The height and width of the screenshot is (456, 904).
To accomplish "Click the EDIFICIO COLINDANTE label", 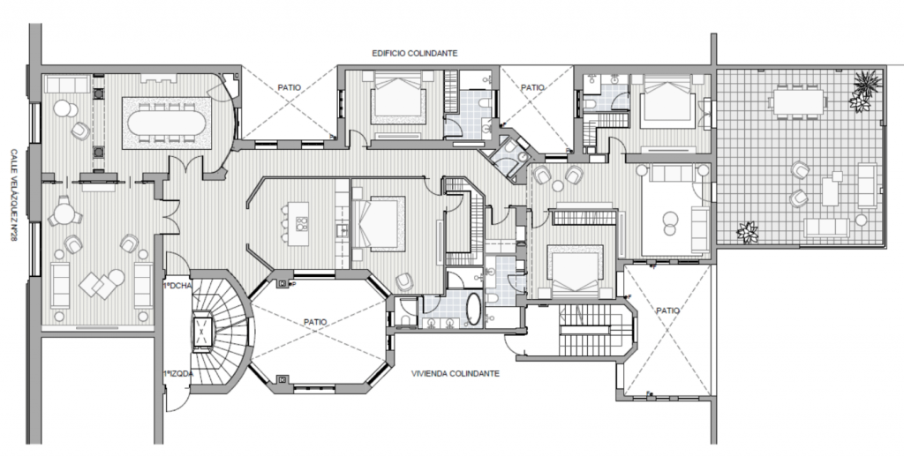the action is pos(415,54).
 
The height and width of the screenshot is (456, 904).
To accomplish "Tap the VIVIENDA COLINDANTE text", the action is pos(456,374).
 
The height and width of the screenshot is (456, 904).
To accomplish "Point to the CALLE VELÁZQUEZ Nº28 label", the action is pos(14,195).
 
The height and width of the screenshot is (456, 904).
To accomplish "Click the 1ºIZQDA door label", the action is pos(178,374).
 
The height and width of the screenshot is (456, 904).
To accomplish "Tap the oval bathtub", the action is pos(473,310).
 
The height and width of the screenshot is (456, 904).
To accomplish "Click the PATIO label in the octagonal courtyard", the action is pos(315,322).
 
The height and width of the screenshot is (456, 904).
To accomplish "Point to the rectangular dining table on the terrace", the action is pos(797,102).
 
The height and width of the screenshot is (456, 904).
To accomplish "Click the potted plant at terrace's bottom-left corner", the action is pos(748,233).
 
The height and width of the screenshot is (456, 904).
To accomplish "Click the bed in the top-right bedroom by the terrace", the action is pos(667,102).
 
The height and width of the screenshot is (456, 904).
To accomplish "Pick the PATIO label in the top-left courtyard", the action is pos(289,88).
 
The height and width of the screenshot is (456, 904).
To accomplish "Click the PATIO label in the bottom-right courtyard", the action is pos(667,310).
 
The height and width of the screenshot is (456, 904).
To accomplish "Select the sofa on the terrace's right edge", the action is pos(867,185).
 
